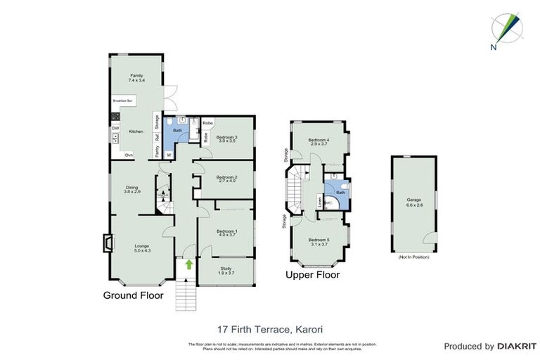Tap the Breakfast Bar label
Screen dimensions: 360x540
pos(122,102)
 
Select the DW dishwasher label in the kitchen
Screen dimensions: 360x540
pos(114,128)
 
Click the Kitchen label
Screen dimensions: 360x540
pos(136,131)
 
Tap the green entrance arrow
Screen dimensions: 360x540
pos(188,264)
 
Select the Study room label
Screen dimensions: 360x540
pos(226,269)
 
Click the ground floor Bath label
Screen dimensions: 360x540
pos(178,130)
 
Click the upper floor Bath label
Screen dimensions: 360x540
pos(340,192)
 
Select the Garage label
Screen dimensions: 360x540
pos(413,202)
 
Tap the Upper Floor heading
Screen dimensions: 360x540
pos(312,275)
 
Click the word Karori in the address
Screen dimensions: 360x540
pos(307,328)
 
